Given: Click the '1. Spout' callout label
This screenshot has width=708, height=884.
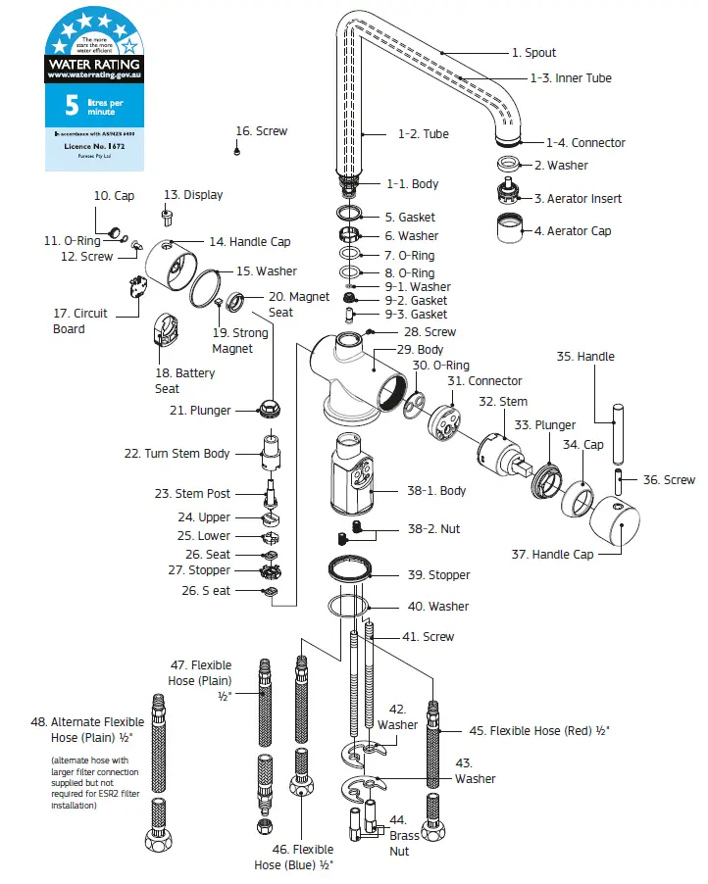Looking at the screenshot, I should coord(533,53).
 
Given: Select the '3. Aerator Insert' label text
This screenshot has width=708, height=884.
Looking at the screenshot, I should coord(578,199).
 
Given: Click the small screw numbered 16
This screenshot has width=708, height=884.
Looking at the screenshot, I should coord(237,151).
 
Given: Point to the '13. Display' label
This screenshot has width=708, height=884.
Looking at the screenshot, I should coord(193,195).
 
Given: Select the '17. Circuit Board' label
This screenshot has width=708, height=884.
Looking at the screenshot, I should coord(80,321).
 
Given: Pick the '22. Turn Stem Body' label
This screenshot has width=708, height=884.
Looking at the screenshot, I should coord(177,454).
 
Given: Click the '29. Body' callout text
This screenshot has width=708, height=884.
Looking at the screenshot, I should coord(422,350).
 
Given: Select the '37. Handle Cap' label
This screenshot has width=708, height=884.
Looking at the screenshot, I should coord(552,555).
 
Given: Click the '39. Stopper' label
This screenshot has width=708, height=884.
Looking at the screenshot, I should coord(439,575).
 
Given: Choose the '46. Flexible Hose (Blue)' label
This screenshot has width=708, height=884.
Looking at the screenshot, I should coord(294,858).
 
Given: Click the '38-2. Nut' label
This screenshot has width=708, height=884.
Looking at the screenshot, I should coord(433,529).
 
